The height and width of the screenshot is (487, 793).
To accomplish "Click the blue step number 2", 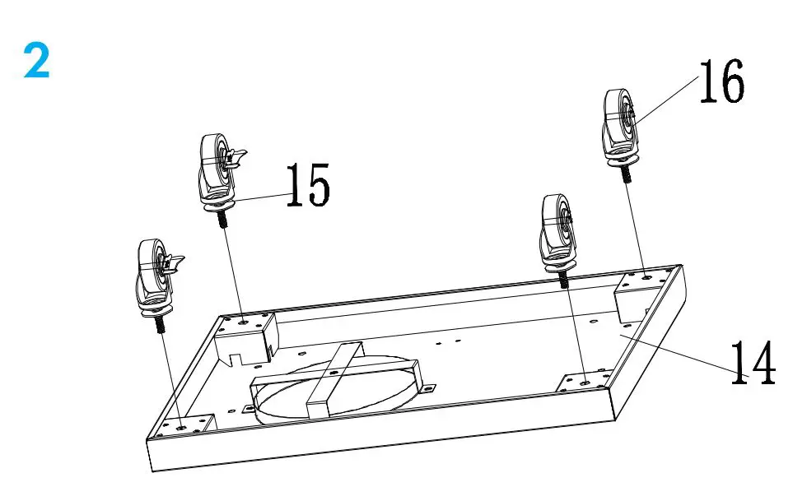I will click(37, 61).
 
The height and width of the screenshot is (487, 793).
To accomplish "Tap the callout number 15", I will click(307, 184).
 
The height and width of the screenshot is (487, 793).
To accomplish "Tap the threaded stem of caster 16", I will click(625, 174).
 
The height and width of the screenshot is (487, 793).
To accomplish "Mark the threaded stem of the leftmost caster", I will click(157, 324).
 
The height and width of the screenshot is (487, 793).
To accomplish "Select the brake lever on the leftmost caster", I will click(174, 262).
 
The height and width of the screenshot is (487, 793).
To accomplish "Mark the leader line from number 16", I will click(667, 99).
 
